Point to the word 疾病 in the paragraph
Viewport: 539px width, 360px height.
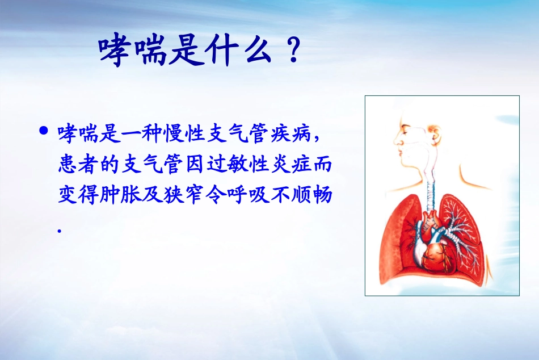(295, 135)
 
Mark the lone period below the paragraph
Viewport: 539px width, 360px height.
(60, 230)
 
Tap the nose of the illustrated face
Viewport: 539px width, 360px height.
(396, 140)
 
